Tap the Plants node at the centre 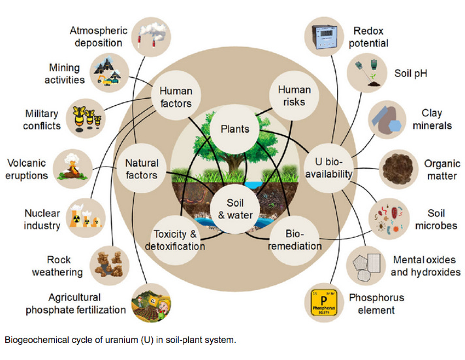[x=234, y=129]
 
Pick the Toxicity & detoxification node [x=178, y=240]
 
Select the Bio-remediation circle [x=295, y=240]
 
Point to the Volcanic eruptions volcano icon [x=73, y=167]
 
